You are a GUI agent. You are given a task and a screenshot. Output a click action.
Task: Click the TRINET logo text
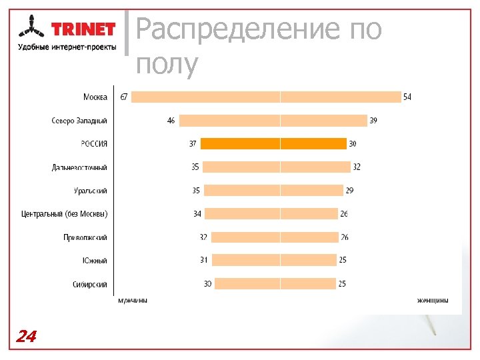83,29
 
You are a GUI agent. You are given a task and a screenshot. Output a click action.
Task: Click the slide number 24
26,336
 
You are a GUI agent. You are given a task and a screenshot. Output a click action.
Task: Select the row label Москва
95,97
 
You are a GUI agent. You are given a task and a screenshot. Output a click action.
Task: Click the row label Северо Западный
79,121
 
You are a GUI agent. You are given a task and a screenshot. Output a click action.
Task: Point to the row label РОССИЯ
94,144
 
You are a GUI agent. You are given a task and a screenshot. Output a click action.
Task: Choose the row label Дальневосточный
79,167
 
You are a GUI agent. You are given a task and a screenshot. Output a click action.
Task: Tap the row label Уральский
91,191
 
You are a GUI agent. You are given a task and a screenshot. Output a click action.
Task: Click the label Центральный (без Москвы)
64,214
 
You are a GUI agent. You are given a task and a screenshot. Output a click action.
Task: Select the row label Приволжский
85,237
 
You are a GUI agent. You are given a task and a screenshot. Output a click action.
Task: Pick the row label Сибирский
90,284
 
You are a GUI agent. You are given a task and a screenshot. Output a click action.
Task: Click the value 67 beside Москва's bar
123,97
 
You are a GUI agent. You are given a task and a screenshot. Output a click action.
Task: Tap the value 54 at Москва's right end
407,97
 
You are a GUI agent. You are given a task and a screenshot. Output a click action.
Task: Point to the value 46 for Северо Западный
171,121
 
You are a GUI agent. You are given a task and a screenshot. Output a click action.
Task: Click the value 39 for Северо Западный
373,121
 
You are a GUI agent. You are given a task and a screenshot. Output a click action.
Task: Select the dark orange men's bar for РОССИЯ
240,144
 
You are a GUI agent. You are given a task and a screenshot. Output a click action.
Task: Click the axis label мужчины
133,301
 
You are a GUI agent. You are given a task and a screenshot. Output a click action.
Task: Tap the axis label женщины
433,301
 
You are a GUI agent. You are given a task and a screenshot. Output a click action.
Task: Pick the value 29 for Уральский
349,191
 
